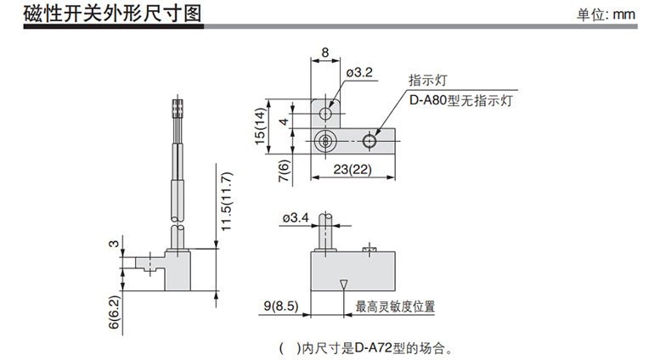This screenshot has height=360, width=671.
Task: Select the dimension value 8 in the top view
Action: click(326, 53)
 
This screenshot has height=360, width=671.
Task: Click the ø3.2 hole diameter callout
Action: click(358, 73)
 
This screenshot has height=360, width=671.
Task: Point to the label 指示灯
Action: click(427, 82)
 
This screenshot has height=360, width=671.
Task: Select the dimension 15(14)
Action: click(261, 128)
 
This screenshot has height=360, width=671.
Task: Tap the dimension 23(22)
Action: click(353, 168)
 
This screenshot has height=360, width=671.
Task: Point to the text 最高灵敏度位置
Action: click(395, 307)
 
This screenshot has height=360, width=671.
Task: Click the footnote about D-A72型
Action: click(373, 347)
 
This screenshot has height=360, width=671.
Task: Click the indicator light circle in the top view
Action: click(369, 140)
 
